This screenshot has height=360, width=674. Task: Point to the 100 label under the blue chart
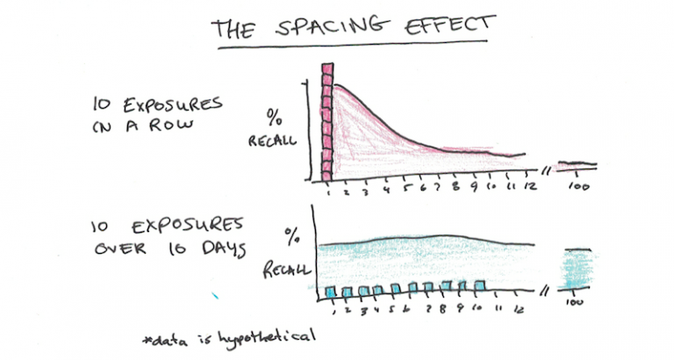tap(576, 303)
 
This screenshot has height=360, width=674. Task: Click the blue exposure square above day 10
tap(479, 285)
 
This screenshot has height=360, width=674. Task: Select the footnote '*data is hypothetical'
tap(230, 335)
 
